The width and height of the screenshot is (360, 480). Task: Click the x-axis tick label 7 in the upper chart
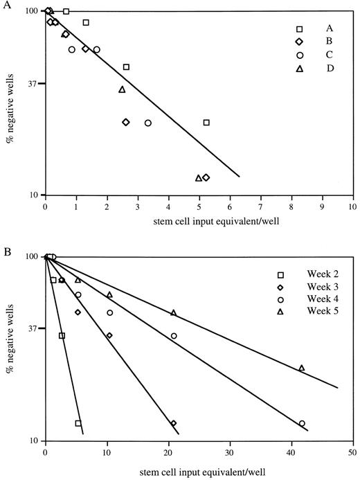pyautogui.click(x=260, y=206)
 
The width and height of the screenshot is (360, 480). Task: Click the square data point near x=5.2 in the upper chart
pyautogui.click(x=206, y=123)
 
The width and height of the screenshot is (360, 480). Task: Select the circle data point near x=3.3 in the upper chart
pyautogui.click(x=148, y=123)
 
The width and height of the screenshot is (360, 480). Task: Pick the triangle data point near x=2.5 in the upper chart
pyautogui.click(x=122, y=89)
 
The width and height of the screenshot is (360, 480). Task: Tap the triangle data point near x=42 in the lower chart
pyautogui.click(x=302, y=368)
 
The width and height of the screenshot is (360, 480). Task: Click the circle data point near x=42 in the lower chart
pyautogui.click(x=302, y=423)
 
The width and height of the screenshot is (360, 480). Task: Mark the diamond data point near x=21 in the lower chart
pyautogui.click(x=174, y=423)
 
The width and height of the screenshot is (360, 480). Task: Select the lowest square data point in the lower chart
pyautogui.click(x=78, y=423)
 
